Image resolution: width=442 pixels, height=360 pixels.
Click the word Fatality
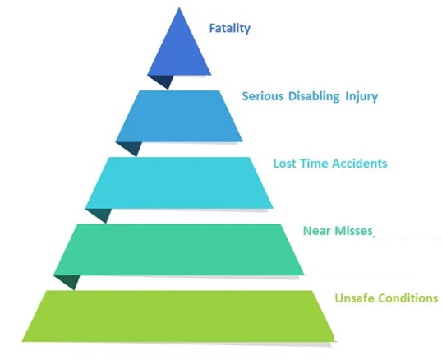(x=229, y=29)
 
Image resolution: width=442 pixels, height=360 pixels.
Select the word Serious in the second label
(x=262, y=96)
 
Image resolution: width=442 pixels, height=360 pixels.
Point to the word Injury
(x=361, y=97)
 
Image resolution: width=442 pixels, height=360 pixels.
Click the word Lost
(x=285, y=164)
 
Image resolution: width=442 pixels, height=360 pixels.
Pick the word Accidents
(x=359, y=164)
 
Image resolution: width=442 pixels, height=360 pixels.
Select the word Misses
(x=352, y=231)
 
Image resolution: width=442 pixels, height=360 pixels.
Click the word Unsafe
(x=355, y=298)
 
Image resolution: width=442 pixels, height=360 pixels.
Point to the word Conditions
(x=407, y=298)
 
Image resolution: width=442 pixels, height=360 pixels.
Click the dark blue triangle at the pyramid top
(x=179, y=51)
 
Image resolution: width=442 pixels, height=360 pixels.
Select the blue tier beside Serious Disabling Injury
(x=179, y=116)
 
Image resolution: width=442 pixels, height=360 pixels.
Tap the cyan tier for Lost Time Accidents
(x=179, y=183)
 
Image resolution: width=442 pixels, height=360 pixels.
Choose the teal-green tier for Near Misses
(x=179, y=250)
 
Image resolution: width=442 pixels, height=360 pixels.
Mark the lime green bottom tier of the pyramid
(x=179, y=316)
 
